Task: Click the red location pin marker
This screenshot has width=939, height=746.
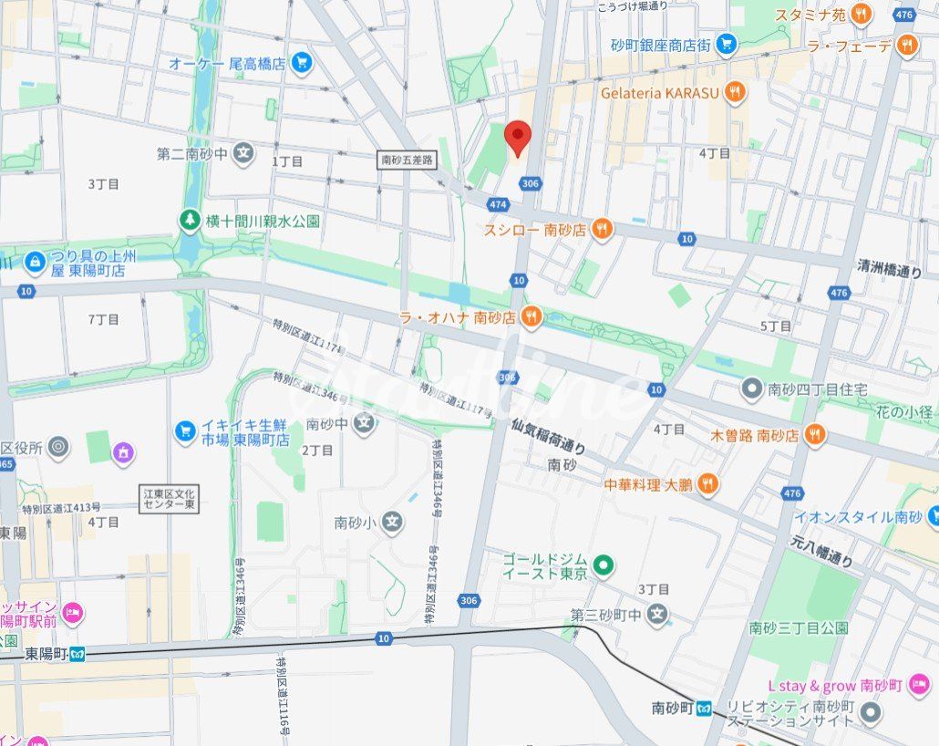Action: (x=518, y=138)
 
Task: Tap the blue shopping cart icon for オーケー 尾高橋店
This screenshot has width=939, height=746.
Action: (x=302, y=63)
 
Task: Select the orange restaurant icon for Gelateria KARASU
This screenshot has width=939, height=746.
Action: (x=736, y=92)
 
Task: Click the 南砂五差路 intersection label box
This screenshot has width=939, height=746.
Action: (x=408, y=160)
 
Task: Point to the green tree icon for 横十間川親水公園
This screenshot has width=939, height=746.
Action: (x=190, y=221)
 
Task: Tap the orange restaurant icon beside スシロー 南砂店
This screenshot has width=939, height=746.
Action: (x=601, y=230)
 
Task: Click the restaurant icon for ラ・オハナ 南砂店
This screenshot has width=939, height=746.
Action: (x=532, y=317)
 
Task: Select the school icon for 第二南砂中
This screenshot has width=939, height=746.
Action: (x=242, y=153)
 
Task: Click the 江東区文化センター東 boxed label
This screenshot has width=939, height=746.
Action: (x=170, y=499)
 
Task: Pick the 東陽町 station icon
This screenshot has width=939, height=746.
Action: (x=79, y=653)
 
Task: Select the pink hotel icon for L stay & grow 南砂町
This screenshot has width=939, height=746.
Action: (x=919, y=684)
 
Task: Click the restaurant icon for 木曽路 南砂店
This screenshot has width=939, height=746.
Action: (x=815, y=435)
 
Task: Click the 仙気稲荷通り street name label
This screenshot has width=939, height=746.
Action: (x=548, y=436)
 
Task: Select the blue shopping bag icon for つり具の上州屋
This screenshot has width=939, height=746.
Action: (x=35, y=263)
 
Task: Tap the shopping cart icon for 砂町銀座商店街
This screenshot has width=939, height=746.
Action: (x=726, y=43)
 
